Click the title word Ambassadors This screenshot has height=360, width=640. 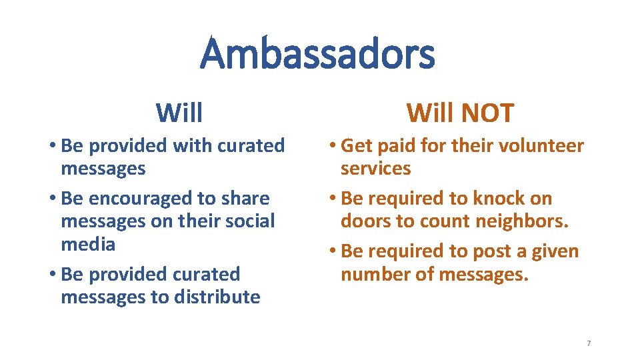(317, 54)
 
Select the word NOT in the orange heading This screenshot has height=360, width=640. (489, 113)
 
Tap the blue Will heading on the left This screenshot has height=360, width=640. (179, 113)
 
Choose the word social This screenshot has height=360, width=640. (247, 221)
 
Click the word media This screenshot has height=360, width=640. (88, 244)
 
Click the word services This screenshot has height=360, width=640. (376, 169)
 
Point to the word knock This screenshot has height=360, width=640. (499, 199)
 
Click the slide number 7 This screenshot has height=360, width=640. (589, 343)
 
